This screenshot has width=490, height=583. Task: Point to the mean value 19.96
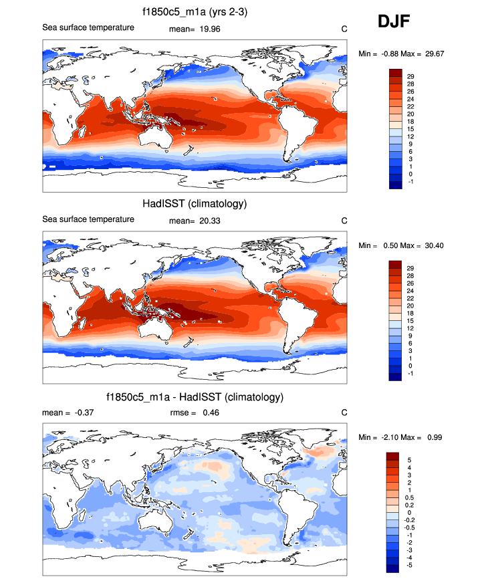[x=211, y=28]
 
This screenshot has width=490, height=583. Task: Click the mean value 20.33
[x=211, y=220]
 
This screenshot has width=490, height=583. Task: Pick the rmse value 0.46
[x=210, y=413]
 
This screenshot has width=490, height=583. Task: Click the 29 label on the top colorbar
[x=411, y=77]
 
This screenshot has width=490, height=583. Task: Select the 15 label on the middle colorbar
[x=411, y=322]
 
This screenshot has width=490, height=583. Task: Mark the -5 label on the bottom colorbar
[x=410, y=564]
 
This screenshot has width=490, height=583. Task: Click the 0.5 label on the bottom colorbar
[x=411, y=497]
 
